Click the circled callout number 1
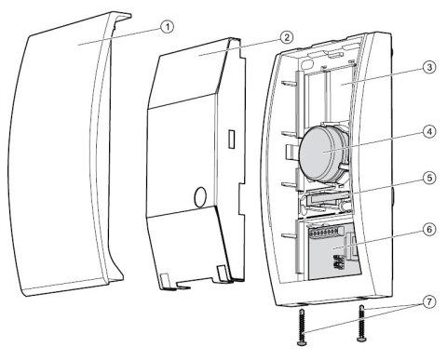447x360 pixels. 166,27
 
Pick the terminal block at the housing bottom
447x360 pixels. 326,247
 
